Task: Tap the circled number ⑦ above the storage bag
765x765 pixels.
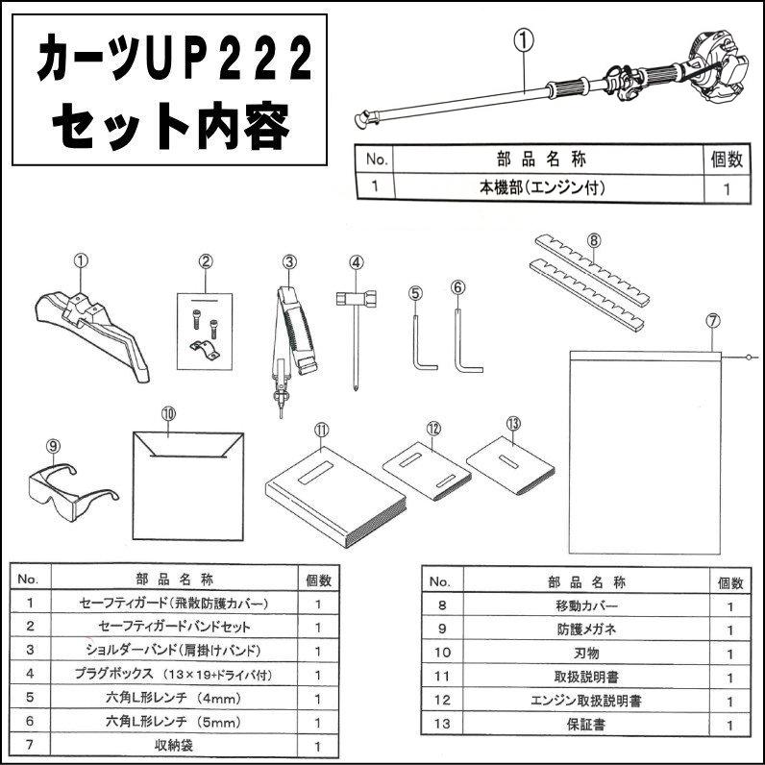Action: (711, 319)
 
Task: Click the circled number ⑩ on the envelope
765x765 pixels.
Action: (168, 412)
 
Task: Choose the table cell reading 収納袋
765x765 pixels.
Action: (173, 745)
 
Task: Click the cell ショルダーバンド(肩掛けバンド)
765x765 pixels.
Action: (173, 651)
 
